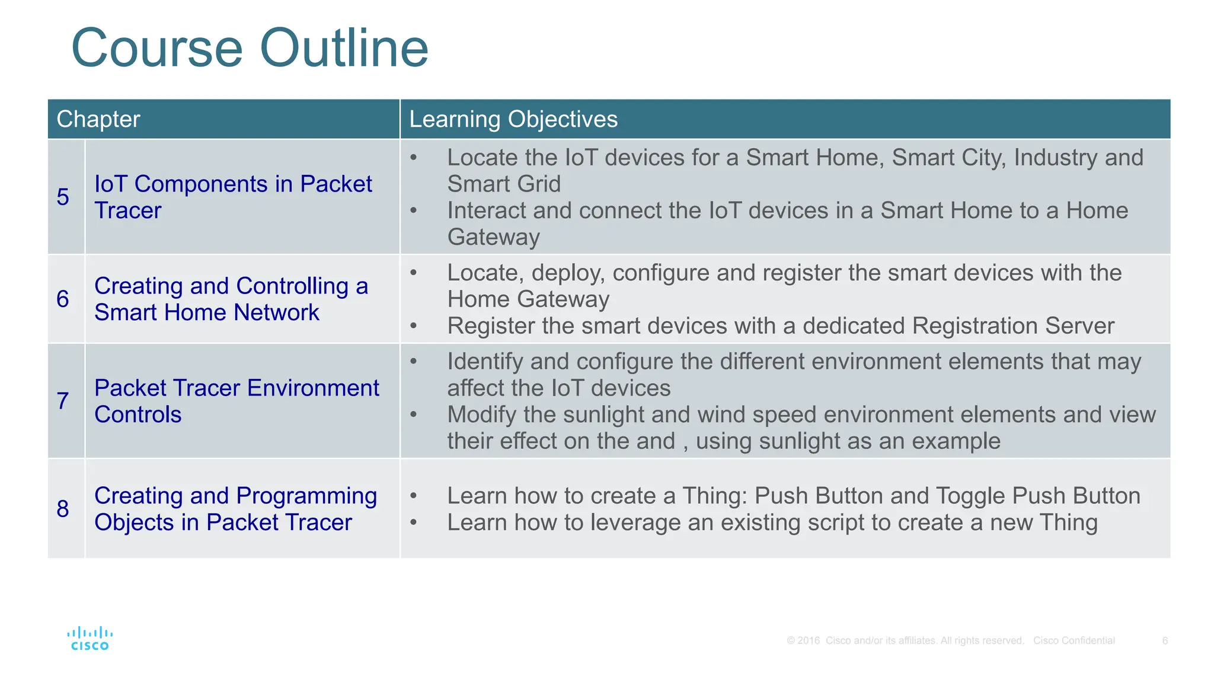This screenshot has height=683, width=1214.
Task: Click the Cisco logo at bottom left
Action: (90, 639)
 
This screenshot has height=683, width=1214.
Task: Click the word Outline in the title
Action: (344, 49)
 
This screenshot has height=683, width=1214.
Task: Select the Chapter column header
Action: (98, 119)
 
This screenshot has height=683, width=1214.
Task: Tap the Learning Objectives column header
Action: (513, 119)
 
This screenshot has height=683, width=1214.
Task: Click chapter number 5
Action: (63, 197)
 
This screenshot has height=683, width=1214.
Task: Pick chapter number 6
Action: (63, 299)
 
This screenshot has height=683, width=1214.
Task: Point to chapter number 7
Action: (63, 401)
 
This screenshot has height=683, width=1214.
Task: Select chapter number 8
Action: (63, 509)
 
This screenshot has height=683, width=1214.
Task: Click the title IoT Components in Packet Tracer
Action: (232, 197)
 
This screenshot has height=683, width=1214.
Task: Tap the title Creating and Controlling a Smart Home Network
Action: (231, 299)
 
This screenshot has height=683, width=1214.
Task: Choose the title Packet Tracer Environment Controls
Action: (236, 401)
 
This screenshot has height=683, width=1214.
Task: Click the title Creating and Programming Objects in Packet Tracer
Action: (235, 509)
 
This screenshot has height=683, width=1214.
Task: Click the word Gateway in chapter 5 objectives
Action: (493, 237)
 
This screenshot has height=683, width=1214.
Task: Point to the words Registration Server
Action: (1013, 326)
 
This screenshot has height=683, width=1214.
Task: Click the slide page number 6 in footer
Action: (1165, 640)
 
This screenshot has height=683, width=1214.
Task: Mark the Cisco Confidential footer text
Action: (1074, 640)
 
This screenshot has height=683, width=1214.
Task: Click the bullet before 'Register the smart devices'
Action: (414, 326)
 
